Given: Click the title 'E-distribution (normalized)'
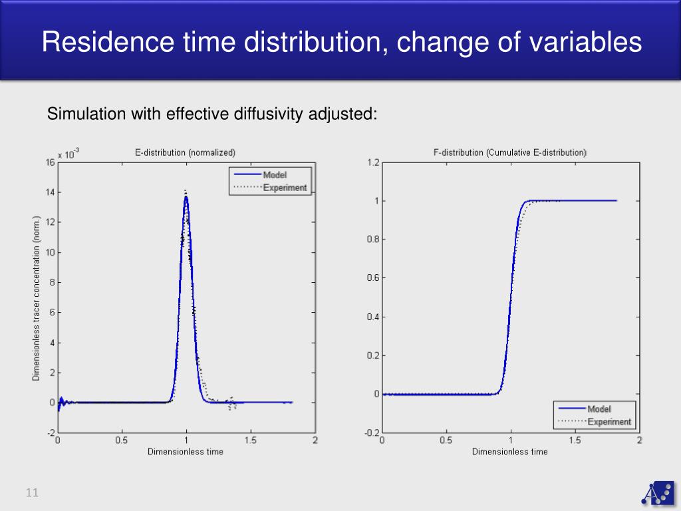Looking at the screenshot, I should point(185,152).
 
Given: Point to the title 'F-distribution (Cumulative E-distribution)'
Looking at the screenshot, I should point(510,152).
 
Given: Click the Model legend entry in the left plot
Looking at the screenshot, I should point(274,174).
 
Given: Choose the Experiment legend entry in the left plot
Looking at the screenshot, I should point(285,188).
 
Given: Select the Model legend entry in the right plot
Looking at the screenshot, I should point(599,409).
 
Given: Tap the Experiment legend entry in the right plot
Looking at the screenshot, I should point(609,422).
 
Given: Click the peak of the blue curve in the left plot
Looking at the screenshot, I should point(186,197).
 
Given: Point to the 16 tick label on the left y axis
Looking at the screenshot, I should point(50,162).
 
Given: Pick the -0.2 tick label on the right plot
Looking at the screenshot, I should point(372,432).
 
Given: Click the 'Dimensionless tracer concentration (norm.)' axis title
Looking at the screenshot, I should point(37,298).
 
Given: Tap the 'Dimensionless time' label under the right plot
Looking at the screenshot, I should point(510,452).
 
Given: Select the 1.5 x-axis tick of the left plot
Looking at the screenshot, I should point(250,440).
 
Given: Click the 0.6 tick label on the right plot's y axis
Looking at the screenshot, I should point(373,278).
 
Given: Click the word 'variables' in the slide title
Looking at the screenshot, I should point(586,43).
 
